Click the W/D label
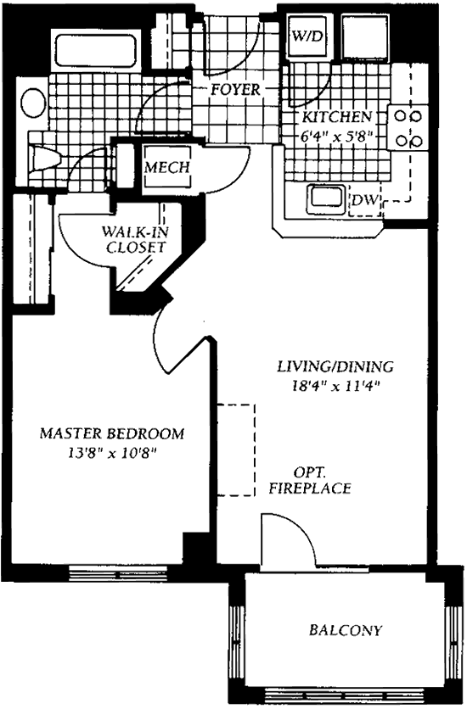308,36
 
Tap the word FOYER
235,90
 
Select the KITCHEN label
337,117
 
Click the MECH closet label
167,167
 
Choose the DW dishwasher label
364,199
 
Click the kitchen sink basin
325,199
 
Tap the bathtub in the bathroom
95,51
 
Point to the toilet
44,159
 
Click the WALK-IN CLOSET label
135,239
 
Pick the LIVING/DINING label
335,366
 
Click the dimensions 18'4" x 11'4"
335,386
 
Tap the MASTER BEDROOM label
112,433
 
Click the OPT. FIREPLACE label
310,480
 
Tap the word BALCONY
346,630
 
